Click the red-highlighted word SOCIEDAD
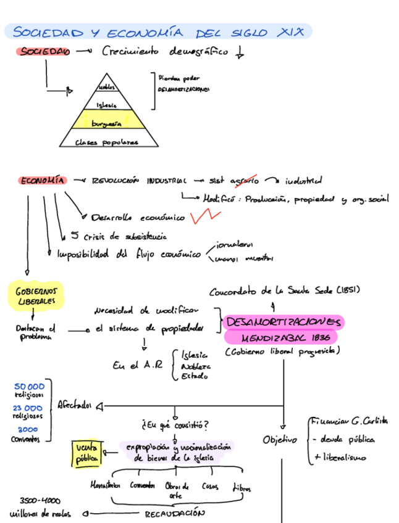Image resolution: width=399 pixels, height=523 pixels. (43, 52)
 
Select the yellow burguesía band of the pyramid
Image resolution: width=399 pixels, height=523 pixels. (106, 123)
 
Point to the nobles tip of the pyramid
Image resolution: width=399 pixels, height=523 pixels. (107, 88)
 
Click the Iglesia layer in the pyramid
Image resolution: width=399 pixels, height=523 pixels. (107, 105)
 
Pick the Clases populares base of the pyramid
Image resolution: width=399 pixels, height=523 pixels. (106, 142)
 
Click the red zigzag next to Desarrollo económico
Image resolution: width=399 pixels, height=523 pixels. (205, 216)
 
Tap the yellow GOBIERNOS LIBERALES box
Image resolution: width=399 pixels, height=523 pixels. (36, 295)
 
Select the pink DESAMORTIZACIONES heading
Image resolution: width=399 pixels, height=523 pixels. (283, 322)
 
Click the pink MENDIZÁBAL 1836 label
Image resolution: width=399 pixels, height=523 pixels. (281, 338)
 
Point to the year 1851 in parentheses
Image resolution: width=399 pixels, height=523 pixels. (348, 290)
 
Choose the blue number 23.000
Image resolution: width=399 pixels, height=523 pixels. (27, 408)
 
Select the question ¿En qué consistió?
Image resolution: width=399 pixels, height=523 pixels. (175, 424)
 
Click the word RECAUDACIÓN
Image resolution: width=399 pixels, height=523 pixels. (174, 513)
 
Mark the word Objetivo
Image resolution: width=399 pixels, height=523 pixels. (279, 440)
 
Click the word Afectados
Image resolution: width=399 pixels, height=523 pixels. (74, 405)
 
